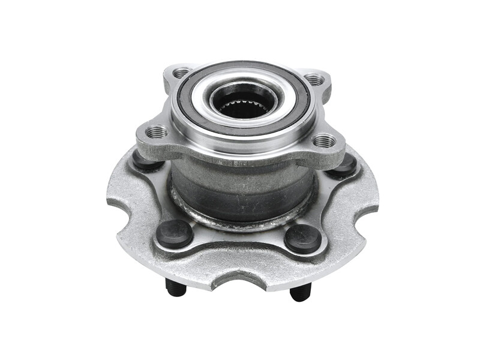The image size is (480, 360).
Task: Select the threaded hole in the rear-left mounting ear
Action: pyautogui.click(x=181, y=73)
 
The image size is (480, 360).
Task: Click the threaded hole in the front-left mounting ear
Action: pyautogui.click(x=157, y=131)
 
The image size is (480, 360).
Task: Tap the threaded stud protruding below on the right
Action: pyautogui.click(x=300, y=292)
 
